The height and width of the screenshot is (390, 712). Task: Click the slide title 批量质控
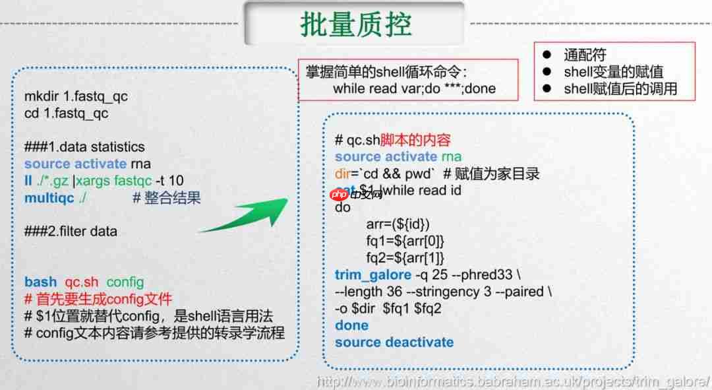point(355,24)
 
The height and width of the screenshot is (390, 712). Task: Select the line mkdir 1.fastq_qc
point(76,96)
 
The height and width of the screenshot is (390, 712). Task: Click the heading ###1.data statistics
point(84,146)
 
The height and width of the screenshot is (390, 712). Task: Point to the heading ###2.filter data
point(71,232)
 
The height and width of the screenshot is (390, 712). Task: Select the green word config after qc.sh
point(125,282)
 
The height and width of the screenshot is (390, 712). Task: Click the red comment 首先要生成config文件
point(98,299)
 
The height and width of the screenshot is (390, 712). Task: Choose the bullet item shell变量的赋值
point(613,72)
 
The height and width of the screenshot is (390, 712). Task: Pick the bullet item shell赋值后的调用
point(620,88)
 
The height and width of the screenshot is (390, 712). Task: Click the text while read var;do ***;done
point(414,88)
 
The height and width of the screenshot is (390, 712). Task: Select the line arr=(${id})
point(398,224)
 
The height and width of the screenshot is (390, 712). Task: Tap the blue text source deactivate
point(394,342)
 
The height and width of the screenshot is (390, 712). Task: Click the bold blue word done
point(351,325)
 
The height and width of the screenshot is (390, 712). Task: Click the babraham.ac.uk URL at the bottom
point(513,381)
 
